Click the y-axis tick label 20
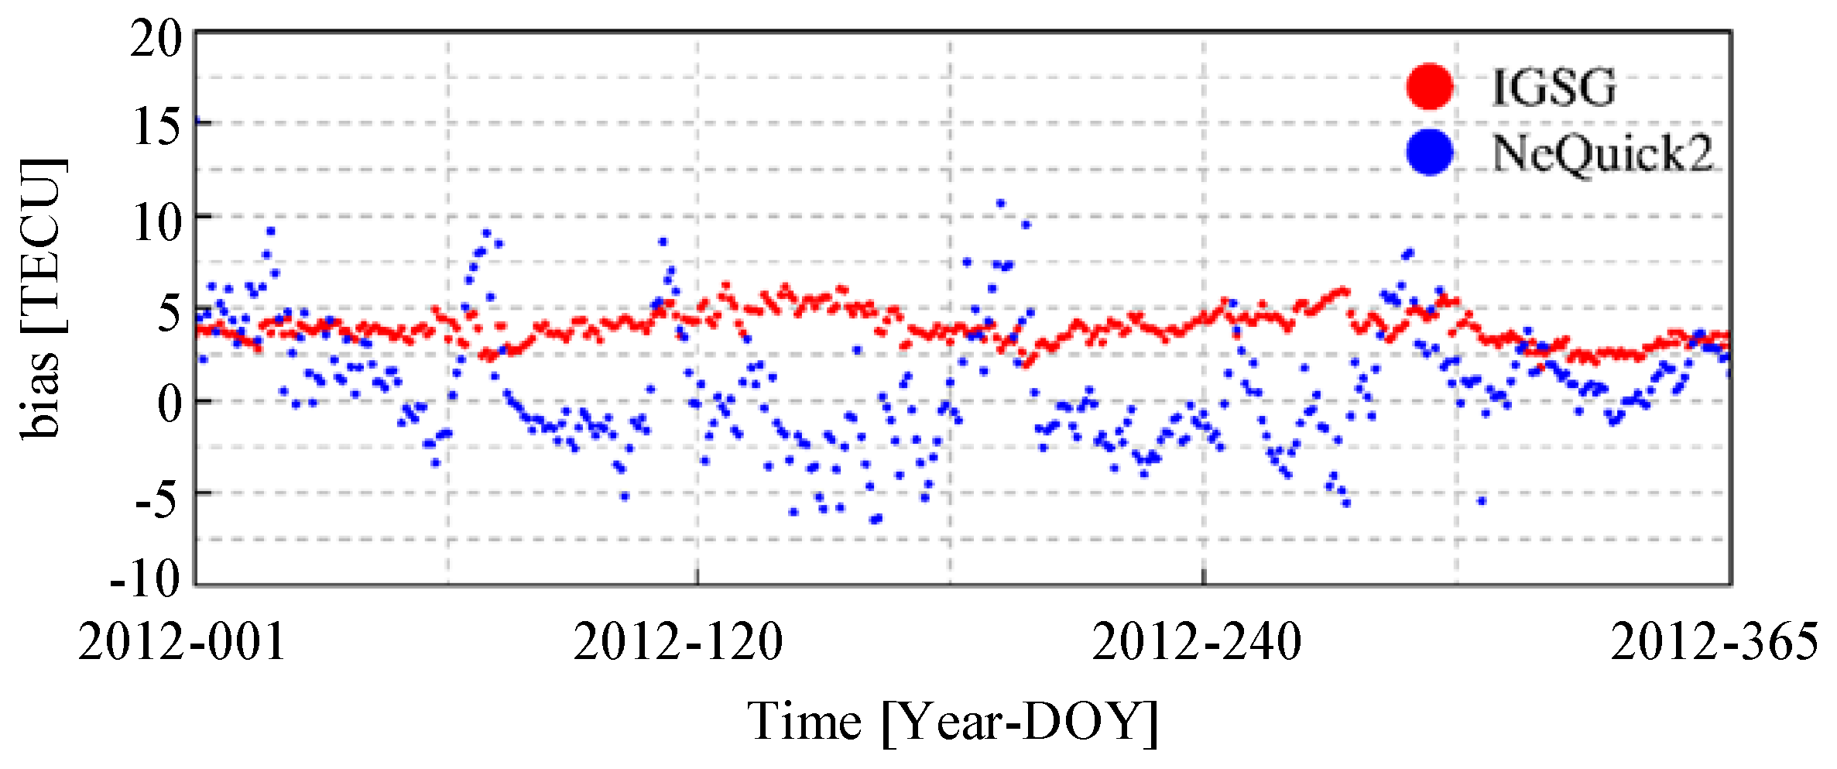(x=156, y=39)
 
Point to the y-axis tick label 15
(x=158, y=127)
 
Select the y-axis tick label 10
(x=158, y=223)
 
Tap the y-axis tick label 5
(x=169, y=314)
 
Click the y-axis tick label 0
(x=169, y=404)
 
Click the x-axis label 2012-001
(x=182, y=642)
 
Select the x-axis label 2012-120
(x=678, y=642)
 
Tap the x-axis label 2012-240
(x=1197, y=642)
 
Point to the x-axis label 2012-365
(x=1714, y=642)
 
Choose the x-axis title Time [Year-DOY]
(x=952, y=722)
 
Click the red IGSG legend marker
(x=1429, y=86)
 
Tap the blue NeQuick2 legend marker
(x=1429, y=152)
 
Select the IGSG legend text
(x=1554, y=87)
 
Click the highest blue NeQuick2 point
(x=1000, y=204)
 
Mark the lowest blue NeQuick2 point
(x=875, y=520)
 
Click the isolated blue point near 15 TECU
(x=197, y=121)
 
